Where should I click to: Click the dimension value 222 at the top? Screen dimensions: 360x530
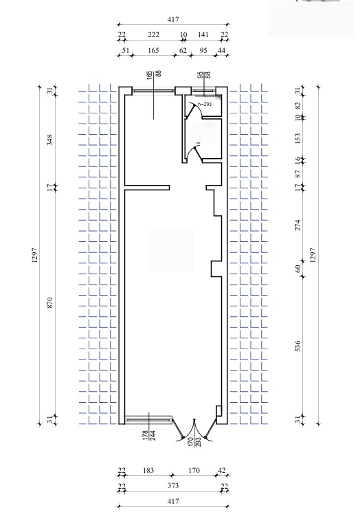click(153, 35)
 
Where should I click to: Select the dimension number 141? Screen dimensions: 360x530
click(203, 35)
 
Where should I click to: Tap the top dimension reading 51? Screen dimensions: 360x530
click(125, 50)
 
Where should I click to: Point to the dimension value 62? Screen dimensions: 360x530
click(183, 50)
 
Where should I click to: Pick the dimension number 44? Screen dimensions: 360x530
click(221, 50)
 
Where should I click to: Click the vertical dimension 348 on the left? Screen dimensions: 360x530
click(49, 140)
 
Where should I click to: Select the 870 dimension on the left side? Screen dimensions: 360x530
click(49, 302)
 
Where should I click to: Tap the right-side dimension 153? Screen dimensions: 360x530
click(297, 138)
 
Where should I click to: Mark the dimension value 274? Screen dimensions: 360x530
click(297, 225)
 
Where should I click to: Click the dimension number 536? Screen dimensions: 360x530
click(297, 346)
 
